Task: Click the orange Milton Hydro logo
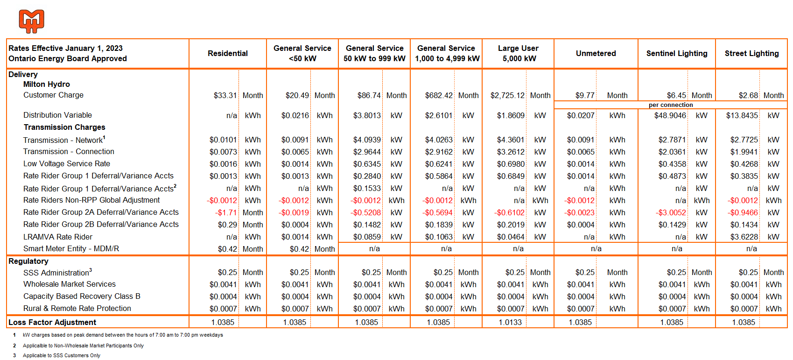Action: pyautogui.click(x=32, y=21)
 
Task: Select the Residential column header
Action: pyautogui.click(x=228, y=53)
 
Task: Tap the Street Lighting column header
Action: pyautogui.click(x=751, y=53)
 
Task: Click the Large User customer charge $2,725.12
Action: pyautogui.click(x=507, y=96)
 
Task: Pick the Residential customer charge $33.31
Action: pyautogui.click(x=225, y=96)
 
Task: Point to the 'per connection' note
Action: pyautogui.click(x=671, y=105)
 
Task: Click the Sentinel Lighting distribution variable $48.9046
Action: pyautogui.click(x=670, y=116)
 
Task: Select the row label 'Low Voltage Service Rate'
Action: pyautogui.click(x=67, y=164)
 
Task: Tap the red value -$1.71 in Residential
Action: pyautogui.click(x=226, y=213)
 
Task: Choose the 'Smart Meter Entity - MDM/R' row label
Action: pyautogui.click(x=71, y=249)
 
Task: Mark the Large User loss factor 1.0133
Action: pyautogui.click(x=510, y=323)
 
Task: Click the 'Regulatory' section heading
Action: pyautogui.click(x=28, y=261)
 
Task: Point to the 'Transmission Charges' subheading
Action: pyautogui.click(x=64, y=127)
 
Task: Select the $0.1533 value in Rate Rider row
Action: pyautogui.click(x=367, y=188)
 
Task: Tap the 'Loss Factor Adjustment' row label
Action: pyautogui.click(x=52, y=323)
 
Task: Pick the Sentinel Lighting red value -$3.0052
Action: pyautogui.click(x=671, y=213)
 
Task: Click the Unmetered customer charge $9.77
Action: pyautogui.click(x=585, y=96)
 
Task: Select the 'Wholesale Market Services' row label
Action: pyautogui.click(x=70, y=284)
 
